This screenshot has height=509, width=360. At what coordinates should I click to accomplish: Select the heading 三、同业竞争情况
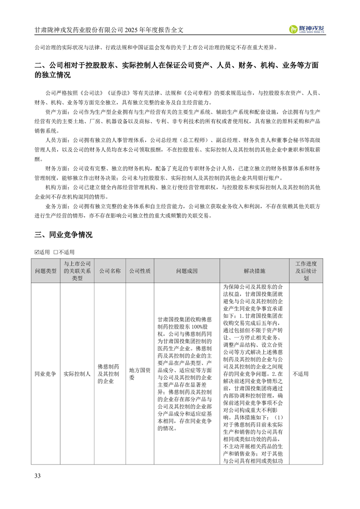[63, 235]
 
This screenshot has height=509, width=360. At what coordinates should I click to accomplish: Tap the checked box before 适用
[37, 252]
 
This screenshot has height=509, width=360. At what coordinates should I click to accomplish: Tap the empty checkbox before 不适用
[55, 252]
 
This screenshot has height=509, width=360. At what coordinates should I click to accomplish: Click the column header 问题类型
[45, 271]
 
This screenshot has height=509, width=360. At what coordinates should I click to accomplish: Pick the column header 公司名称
[109, 271]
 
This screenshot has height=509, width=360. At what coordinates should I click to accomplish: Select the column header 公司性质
[139, 271]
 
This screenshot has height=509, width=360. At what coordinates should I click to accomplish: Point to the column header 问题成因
[187, 271]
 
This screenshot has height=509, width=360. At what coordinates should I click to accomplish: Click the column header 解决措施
[254, 271]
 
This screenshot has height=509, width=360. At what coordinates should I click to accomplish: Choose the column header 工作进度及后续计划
[306, 271]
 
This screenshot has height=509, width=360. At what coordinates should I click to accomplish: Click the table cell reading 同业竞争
[45, 374]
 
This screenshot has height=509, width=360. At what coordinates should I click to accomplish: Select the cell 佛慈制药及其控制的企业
[109, 374]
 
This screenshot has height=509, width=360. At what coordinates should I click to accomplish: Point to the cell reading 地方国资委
[139, 374]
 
